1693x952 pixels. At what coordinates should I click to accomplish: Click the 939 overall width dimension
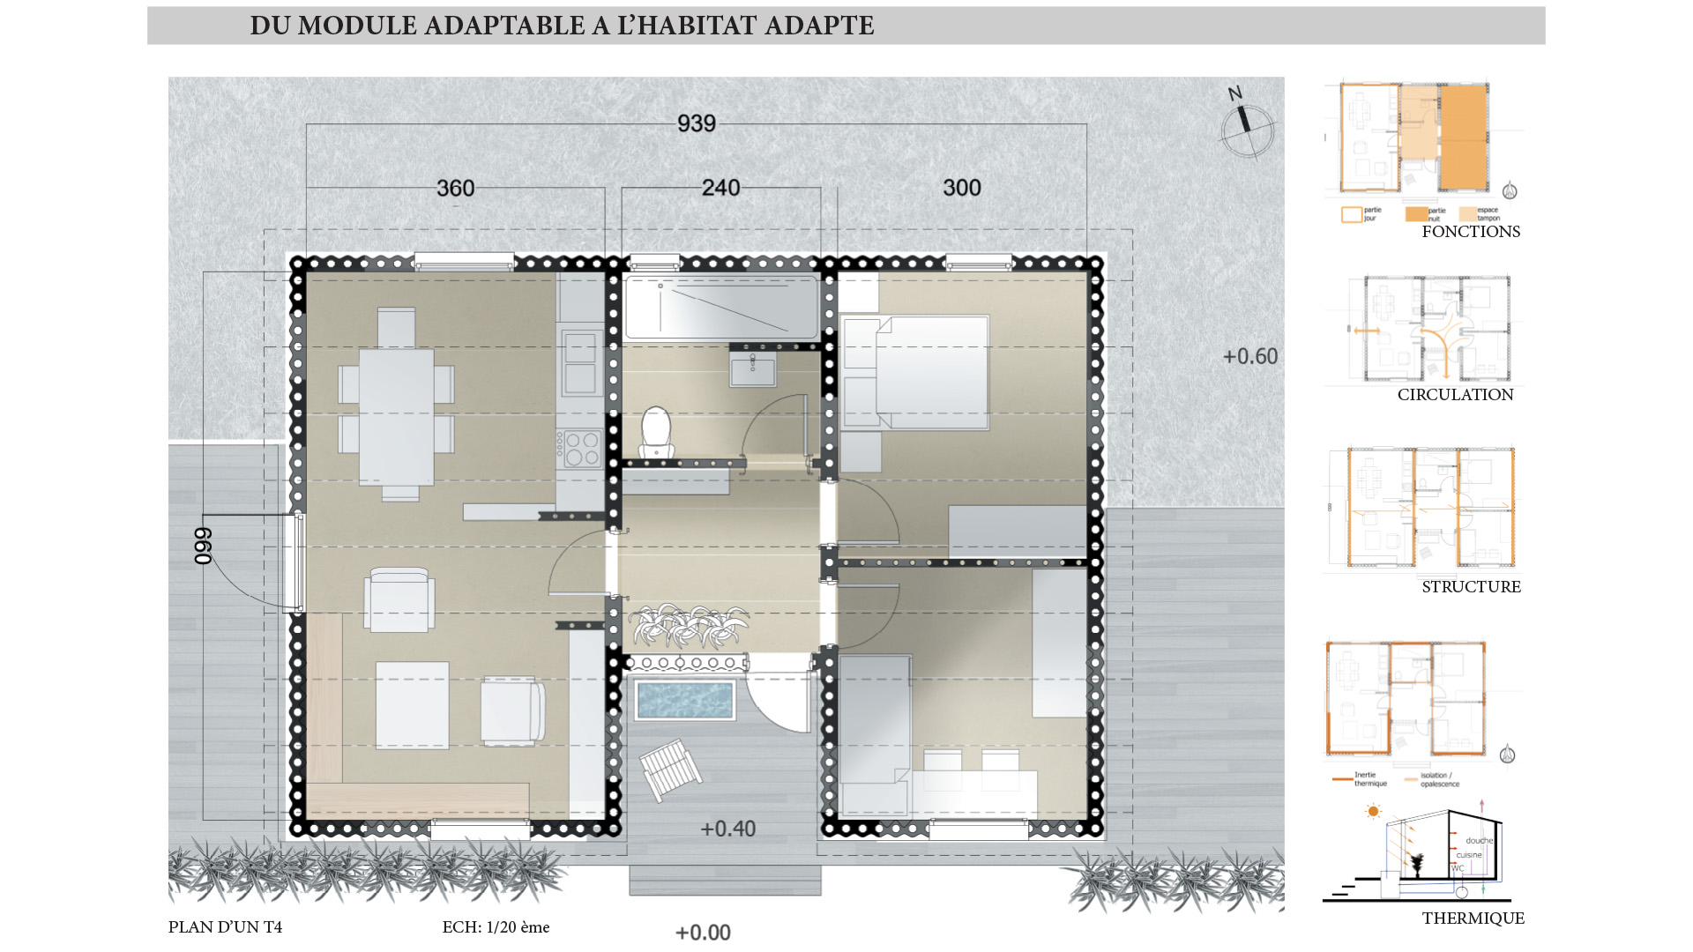pyautogui.click(x=696, y=123)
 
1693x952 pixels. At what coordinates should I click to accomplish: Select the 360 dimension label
pyautogui.click(x=455, y=188)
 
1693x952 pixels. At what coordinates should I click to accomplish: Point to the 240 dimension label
pyautogui.click(x=720, y=188)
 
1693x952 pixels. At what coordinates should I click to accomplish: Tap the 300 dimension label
pyautogui.click(x=961, y=188)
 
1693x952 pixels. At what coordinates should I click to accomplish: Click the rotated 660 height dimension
pyautogui.click(x=203, y=546)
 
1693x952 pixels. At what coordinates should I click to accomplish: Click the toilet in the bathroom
pyautogui.click(x=656, y=432)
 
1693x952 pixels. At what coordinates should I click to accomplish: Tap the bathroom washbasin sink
pyautogui.click(x=752, y=369)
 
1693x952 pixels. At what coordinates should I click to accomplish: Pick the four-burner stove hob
pyautogui.click(x=581, y=447)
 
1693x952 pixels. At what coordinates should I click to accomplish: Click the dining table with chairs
pyautogui.click(x=397, y=405)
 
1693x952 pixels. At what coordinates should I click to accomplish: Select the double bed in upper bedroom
pyautogui.click(x=917, y=372)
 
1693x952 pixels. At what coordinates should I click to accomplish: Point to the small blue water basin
pyautogui.click(x=684, y=700)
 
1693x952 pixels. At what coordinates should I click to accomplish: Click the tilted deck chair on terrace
pyautogui.click(x=670, y=769)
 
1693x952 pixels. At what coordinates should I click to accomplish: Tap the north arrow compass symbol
pyautogui.click(x=1247, y=129)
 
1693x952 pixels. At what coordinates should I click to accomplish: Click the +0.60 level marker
pyautogui.click(x=1249, y=356)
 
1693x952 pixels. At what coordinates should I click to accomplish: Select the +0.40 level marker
pyautogui.click(x=727, y=829)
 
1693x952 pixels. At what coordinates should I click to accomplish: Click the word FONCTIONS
pyautogui.click(x=1470, y=232)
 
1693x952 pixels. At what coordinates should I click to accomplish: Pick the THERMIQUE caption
pyautogui.click(x=1473, y=918)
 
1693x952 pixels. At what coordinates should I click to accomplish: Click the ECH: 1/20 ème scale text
pyautogui.click(x=496, y=927)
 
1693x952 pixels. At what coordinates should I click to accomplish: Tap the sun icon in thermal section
pyautogui.click(x=1372, y=812)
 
